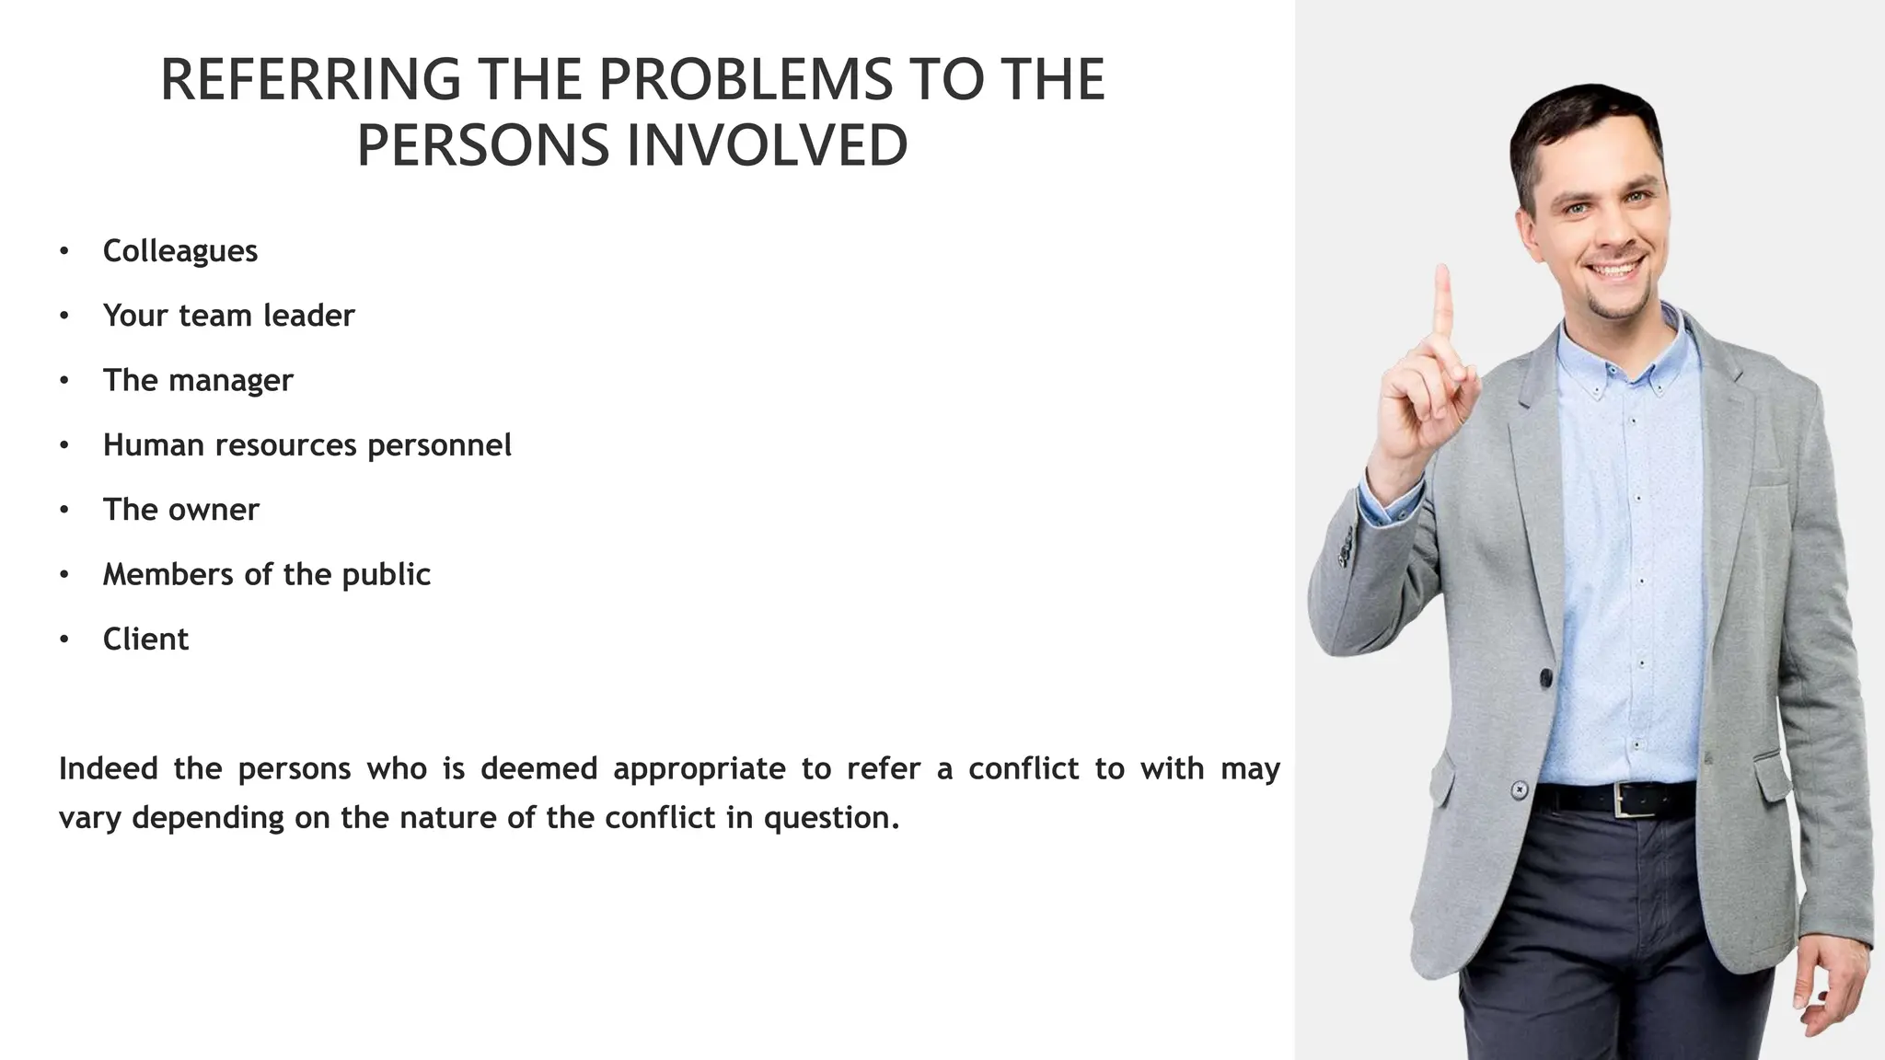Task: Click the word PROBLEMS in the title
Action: pyautogui.click(x=746, y=79)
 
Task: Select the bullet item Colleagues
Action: pyautogui.click(x=180, y=251)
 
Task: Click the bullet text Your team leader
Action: pyautogui.click(x=228, y=316)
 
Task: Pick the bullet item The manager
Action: pyautogui.click(x=198, y=380)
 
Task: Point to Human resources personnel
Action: pyautogui.click(x=306, y=445)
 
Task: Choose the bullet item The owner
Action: pyautogui.click(x=181, y=510)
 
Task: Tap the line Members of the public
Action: pyautogui.click(x=266, y=574)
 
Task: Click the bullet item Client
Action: pyautogui.click(x=145, y=639)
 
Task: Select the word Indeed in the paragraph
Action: pyautogui.click(x=108, y=768)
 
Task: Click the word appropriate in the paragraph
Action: pyautogui.click(x=699, y=769)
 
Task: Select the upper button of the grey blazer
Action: pyautogui.click(x=1545, y=678)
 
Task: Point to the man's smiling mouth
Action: pyautogui.click(x=1617, y=271)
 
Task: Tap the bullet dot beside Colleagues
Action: pyautogui.click(x=64, y=251)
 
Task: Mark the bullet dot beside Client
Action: pyautogui.click(x=64, y=639)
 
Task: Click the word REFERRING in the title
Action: pyautogui.click(x=310, y=79)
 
